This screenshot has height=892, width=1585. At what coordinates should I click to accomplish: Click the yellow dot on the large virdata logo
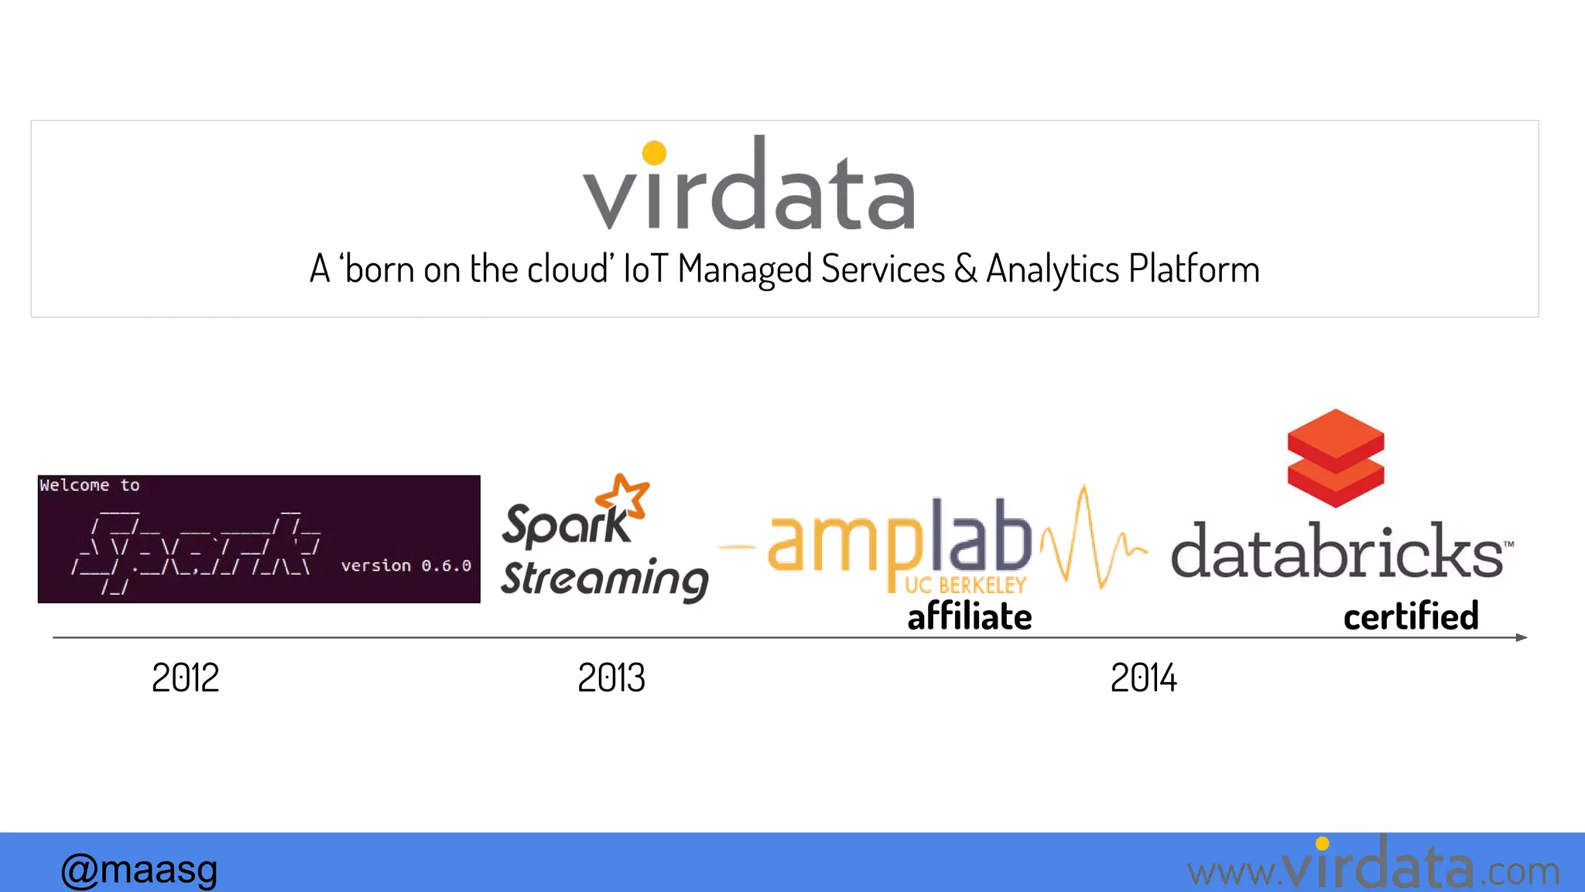[654, 153]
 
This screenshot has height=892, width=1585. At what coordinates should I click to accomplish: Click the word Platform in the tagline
[1193, 269]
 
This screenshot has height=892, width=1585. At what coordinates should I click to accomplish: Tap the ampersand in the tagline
[965, 269]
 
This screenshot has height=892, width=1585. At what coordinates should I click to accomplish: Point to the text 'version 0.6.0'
[406, 565]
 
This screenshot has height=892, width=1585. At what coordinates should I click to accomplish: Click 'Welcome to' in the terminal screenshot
[90, 485]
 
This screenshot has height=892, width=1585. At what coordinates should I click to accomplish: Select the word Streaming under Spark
[604, 579]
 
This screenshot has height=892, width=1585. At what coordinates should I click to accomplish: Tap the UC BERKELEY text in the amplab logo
[965, 585]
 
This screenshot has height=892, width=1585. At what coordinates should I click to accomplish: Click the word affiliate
[969, 617]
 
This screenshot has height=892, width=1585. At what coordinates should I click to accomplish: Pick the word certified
[1410, 617]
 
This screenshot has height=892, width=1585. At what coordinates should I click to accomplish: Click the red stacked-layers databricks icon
[1335, 458]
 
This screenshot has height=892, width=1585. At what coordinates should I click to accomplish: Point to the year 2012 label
[185, 678]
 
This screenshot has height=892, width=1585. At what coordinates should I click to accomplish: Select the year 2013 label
[611, 678]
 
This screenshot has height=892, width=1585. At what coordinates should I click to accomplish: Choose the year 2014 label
[1143, 678]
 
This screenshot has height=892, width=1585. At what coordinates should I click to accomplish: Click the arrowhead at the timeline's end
[1521, 637]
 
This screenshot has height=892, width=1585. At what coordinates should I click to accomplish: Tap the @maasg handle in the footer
[139, 870]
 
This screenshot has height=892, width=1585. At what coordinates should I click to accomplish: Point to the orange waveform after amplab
[1091, 540]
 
